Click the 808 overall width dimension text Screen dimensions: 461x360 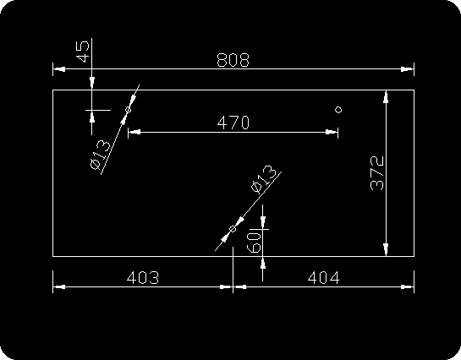click(x=233, y=60)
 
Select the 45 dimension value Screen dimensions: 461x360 click(x=83, y=52)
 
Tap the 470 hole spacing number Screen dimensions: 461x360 click(x=233, y=123)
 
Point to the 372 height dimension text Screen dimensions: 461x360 click(x=377, y=173)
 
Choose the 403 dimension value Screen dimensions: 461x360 click(x=143, y=277)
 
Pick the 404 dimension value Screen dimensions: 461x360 click(x=323, y=277)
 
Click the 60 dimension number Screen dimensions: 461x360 click(x=254, y=243)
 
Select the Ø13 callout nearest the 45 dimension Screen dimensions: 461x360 click(x=101, y=155)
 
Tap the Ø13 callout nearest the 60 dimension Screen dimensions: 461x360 click(x=264, y=179)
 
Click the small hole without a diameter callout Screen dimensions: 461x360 click(x=338, y=110)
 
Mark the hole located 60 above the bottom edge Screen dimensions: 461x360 click(x=233, y=229)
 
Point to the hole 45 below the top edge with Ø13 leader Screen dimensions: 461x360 click(x=129, y=110)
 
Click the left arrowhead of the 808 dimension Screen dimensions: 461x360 click(x=59, y=69)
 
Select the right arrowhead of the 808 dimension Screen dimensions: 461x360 click(x=408, y=69)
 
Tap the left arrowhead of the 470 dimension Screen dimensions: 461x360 click(x=134, y=132)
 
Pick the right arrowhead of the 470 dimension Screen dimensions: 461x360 click(x=332, y=132)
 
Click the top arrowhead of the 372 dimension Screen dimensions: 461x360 click(x=386, y=96)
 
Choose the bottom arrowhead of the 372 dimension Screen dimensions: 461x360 click(x=386, y=250)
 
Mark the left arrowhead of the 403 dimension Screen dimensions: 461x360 click(x=59, y=286)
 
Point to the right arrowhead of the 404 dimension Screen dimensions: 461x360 click(x=408, y=286)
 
